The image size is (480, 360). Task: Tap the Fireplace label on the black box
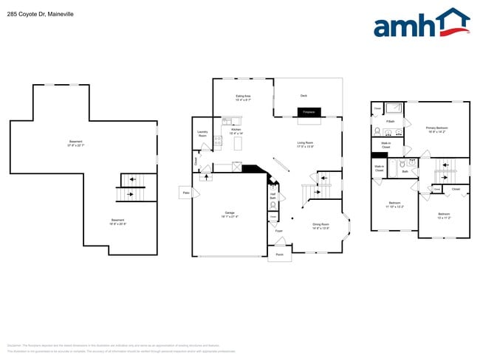310,112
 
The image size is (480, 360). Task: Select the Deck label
304,95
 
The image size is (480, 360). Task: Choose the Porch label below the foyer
279,255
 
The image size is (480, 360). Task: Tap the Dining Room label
320,226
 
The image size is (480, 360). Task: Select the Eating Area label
243,97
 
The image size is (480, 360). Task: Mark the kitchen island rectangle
238,145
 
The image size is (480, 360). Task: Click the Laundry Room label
202,134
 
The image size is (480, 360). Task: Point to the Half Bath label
272,196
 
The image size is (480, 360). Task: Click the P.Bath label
390,121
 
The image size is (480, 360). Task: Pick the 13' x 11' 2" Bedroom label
444,216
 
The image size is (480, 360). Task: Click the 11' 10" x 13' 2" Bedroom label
394,204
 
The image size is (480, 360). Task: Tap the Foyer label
279,231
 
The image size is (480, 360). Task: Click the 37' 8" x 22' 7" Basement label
76,143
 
